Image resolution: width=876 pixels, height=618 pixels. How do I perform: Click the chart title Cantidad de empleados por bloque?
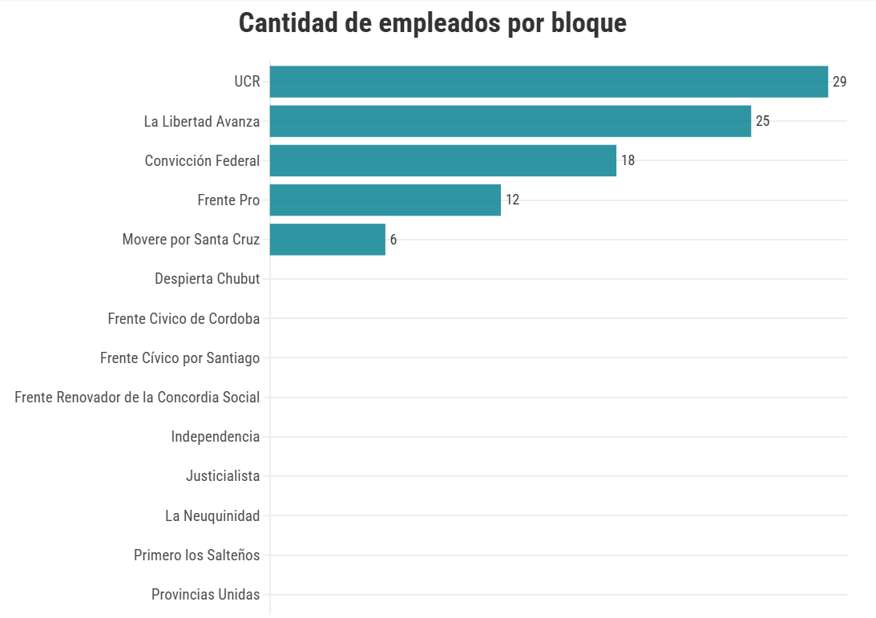coord(432,23)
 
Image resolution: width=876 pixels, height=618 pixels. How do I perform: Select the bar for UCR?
coord(548,82)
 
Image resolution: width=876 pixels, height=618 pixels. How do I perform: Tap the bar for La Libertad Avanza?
coord(510,121)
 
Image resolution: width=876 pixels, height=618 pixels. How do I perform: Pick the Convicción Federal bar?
coord(442,160)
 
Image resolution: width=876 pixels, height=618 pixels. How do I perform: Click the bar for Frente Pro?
coord(385,200)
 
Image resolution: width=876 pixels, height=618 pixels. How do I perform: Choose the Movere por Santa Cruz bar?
coord(327,240)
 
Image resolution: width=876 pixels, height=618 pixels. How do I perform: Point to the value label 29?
coord(839,82)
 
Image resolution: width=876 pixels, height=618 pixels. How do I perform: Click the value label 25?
coord(762,121)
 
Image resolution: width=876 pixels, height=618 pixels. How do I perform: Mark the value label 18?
coord(628,160)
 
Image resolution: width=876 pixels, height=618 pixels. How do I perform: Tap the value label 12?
coord(512,200)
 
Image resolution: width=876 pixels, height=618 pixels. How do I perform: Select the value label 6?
coord(393,240)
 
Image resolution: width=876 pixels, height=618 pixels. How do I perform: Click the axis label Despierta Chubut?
coord(207,279)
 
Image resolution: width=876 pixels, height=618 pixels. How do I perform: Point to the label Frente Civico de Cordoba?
coord(184,319)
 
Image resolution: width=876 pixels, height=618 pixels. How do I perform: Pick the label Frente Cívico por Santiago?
coord(180,358)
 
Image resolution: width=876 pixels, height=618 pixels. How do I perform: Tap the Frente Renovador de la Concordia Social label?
coord(137,398)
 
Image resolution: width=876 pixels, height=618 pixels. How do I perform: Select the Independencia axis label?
coord(215,437)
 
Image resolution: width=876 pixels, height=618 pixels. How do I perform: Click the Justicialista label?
coord(223,476)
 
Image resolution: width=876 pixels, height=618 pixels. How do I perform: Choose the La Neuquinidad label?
coord(212,516)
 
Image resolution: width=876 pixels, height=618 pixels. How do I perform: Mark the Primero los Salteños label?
coord(196,555)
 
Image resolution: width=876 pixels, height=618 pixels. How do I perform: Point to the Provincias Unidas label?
coord(205,595)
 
